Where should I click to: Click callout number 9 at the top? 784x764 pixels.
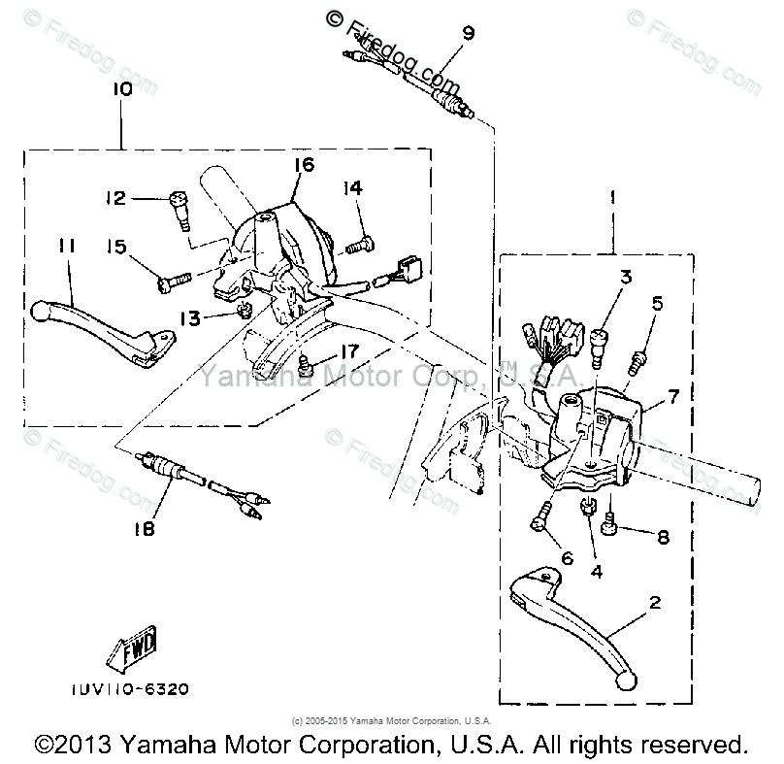(x=469, y=34)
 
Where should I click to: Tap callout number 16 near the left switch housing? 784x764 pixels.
(x=303, y=165)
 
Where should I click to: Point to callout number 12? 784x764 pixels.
(x=117, y=199)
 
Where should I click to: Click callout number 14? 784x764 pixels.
(x=350, y=187)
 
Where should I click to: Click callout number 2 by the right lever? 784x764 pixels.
(x=655, y=603)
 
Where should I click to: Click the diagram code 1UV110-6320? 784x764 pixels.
(x=130, y=689)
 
